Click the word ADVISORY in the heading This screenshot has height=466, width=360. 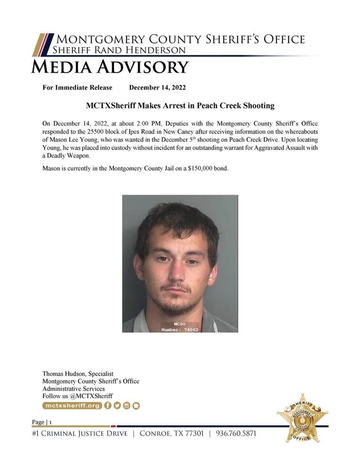tap(143, 67)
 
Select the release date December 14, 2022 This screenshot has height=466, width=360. tap(157, 87)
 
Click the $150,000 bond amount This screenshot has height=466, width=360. tap(187, 168)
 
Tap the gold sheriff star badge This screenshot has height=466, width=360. tap(302, 418)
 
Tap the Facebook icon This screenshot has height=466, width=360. tap(108, 405)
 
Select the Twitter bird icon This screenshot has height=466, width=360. tap(117, 405)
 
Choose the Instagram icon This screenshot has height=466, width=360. tap(127, 405)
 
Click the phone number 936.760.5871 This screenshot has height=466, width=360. tap(236, 433)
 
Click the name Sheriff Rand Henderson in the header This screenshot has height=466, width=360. tap(119, 50)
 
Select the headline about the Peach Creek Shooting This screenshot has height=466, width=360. tap(180, 105)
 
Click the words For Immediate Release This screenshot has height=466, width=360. tap(78, 87)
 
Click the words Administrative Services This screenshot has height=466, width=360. tap(73, 389)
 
